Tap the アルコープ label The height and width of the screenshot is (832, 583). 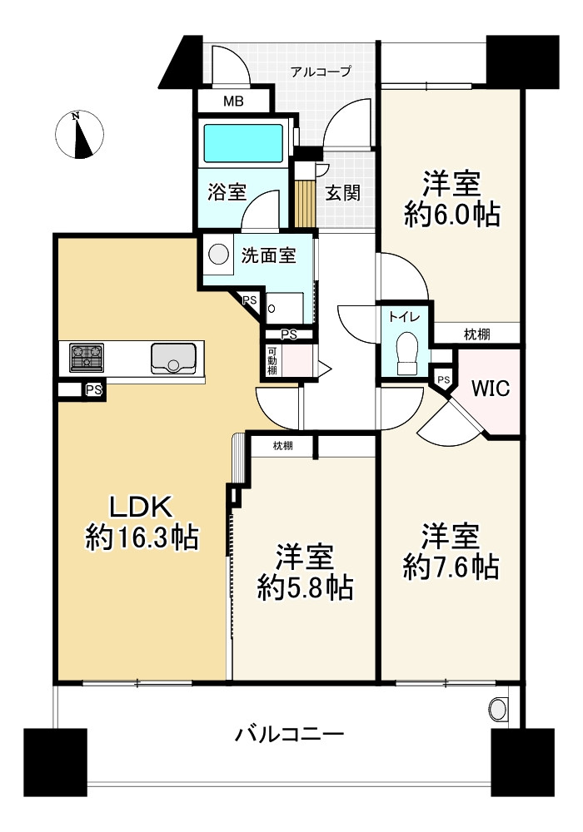tap(321, 71)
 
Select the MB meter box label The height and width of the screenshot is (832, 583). tap(233, 101)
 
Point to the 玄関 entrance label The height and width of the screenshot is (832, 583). tap(343, 193)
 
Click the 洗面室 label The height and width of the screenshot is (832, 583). tap(269, 256)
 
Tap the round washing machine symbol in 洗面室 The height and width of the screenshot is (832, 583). tap(218, 254)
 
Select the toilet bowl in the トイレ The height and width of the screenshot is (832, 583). tap(409, 352)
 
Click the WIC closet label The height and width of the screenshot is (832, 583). tap(490, 389)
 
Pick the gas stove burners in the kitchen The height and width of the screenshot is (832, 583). tap(87, 357)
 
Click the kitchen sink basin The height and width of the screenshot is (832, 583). tap(173, 358)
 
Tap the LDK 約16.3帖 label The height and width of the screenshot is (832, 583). tap(142, 522)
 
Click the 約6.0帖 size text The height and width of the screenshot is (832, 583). tap(452, 216)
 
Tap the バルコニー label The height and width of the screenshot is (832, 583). tap(290, 735)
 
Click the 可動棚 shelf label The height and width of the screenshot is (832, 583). tap(272, 361)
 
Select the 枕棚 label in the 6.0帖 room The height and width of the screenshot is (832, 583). tap(476, 334)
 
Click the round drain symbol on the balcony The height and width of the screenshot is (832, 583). tap(498, 710)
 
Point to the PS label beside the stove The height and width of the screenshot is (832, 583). tap(93, 390)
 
